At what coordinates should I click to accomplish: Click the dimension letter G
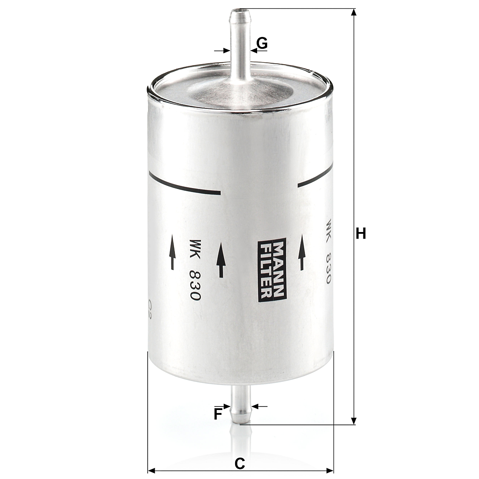tap(262, 43)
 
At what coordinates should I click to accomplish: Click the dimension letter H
tap(361, 233)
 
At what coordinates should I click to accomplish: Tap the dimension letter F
tap(218, 414)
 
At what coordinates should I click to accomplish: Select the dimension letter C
tap(240, 464)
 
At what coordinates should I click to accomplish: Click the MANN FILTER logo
tap(271, 270)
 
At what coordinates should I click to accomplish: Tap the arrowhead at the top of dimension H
tap(354, 12)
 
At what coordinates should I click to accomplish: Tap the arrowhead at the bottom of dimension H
tap(354, 421)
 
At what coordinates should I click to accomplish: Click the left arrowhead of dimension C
tap(152, 470)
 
